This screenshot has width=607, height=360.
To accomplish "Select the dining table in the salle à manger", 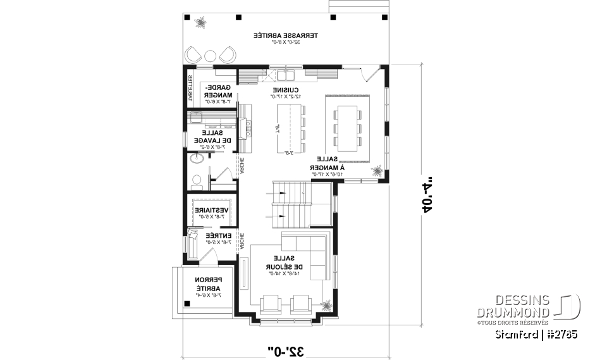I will pos(347,125).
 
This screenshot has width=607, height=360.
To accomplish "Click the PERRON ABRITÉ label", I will pos(206,285).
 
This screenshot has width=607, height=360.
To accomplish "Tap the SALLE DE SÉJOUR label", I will pos(279,265).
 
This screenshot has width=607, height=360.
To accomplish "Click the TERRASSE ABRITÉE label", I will pos(286,37).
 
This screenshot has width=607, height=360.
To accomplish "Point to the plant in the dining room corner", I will pos(377,170).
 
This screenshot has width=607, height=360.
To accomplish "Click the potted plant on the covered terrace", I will pos(201,23).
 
